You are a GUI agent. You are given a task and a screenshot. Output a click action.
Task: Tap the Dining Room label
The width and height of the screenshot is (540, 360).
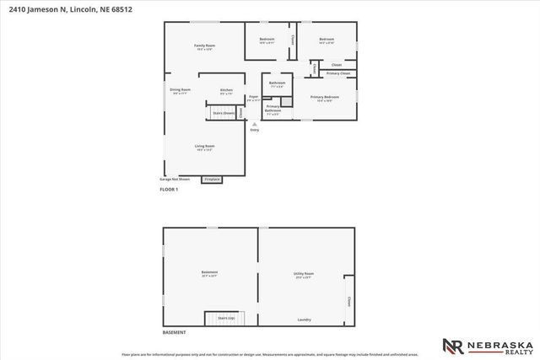[180, 89]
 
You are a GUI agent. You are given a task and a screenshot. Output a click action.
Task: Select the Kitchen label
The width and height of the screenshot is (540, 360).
[226, 90]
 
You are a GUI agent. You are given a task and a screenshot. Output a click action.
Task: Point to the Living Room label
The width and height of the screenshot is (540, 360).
[205, 147]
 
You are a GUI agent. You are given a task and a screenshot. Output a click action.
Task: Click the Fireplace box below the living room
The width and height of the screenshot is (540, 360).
[212, 180]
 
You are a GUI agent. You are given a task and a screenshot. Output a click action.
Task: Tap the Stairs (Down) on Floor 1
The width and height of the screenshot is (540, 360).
[223, 112]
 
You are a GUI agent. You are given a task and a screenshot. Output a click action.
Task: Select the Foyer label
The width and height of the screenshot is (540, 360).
[253, 97]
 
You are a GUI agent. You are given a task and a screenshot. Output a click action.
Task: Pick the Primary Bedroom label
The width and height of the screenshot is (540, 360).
[326, 98]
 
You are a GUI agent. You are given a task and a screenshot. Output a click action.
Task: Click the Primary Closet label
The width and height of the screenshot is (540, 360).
[338, 74]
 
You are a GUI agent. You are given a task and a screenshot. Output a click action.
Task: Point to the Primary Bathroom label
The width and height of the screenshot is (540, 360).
[273, 109]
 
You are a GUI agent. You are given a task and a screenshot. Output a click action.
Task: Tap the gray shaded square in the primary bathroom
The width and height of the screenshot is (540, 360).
[287, 101]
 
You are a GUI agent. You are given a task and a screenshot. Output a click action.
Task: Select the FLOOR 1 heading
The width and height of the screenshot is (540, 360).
[170, 191]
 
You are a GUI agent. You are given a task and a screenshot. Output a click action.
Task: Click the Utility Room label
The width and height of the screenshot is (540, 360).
[304, 274]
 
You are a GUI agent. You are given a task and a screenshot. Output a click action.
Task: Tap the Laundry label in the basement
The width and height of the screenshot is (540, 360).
[305, 320]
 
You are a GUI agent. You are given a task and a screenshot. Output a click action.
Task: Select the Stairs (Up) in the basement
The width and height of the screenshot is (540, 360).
[226, 319]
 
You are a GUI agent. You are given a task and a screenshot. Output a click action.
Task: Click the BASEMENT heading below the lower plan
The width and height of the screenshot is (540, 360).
[174, 332]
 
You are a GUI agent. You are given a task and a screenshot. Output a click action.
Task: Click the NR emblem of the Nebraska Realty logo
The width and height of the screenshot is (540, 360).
[453, 347]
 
